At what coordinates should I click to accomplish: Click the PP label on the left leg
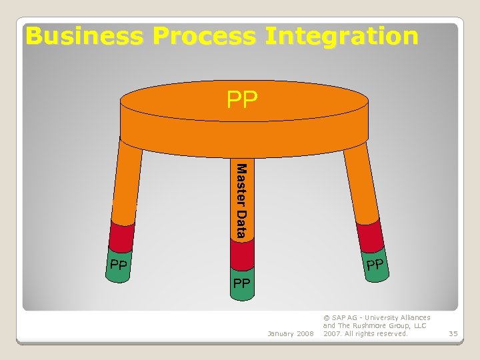coord(119,267)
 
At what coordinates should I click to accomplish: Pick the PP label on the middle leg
coord(241,284)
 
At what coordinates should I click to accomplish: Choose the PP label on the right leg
coord(375,265)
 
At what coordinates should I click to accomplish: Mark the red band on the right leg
coord(370,236)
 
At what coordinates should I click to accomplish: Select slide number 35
coord(453,333)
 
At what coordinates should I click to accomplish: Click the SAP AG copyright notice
coord(376,325)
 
